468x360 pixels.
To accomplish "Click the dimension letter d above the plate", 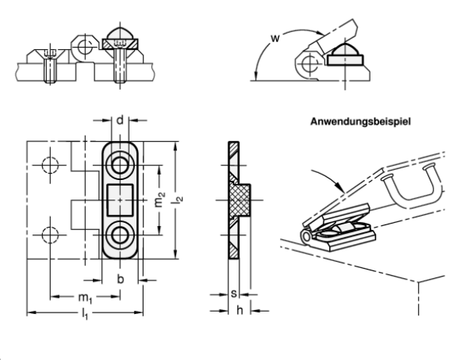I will pyautogui.click(x=120, y=119).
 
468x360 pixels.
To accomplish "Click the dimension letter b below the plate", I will pyautogui.click(x=119, y=278).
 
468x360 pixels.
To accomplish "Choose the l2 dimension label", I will pyautogui.click(x=179, y=201).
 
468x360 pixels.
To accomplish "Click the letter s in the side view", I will pyautogui.click(x=233, y=295).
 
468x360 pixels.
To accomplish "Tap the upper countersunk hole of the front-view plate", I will pyautogui.click(x=120, y=165).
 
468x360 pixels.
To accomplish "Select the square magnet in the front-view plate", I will pyautogui.click(x=120, y=199).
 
